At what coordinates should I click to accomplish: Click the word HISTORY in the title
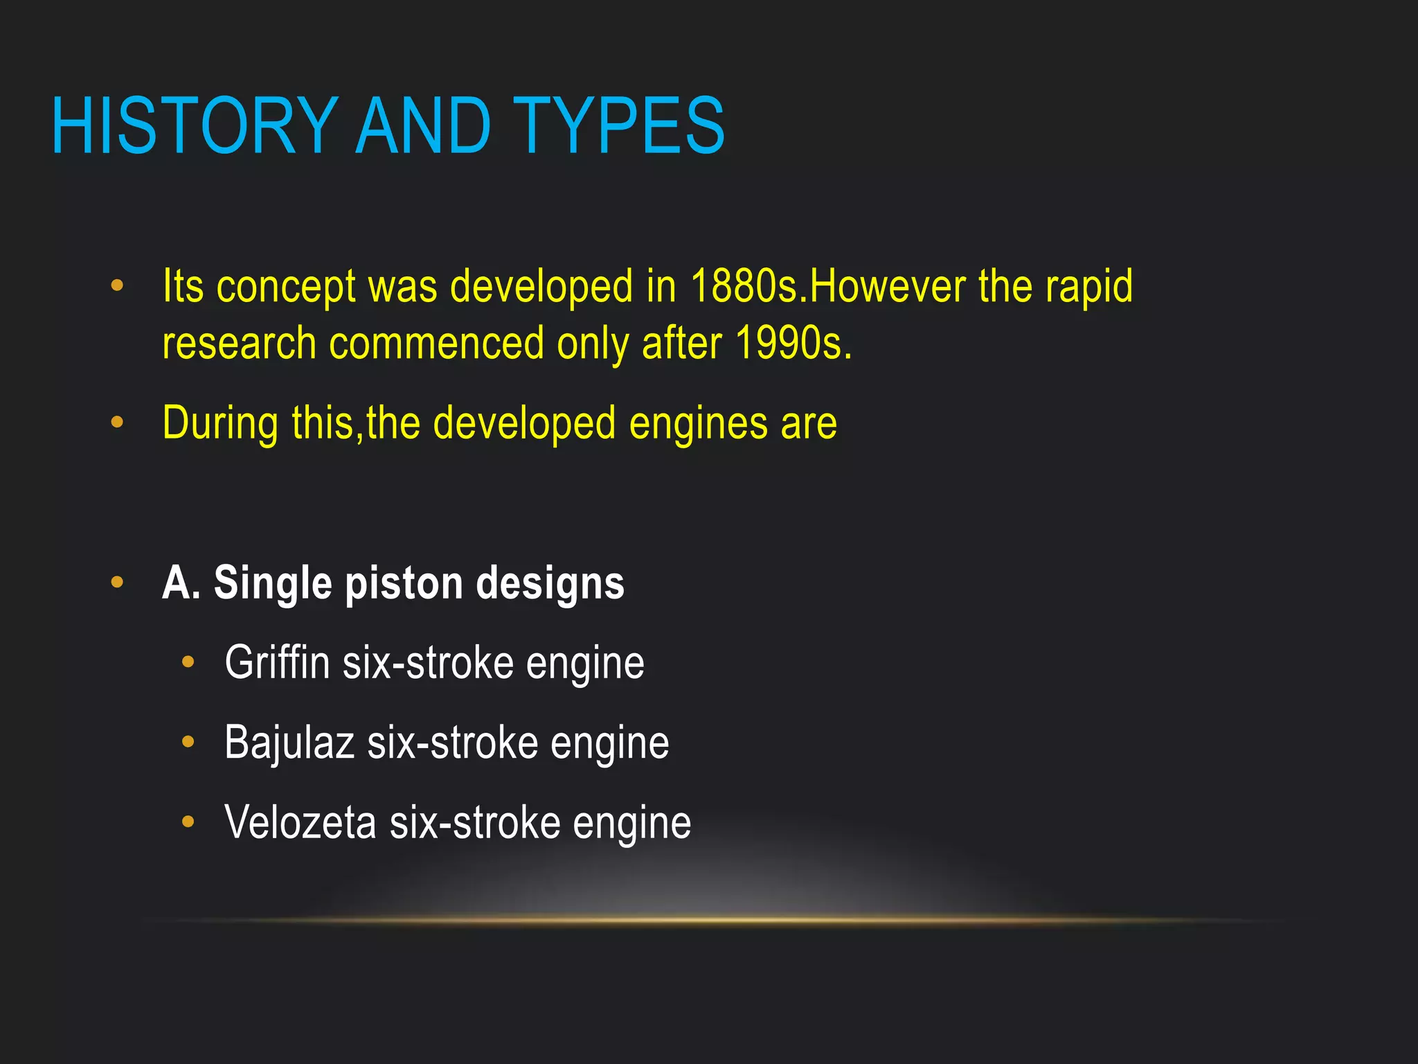[195, 126]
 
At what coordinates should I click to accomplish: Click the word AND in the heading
[423, 126]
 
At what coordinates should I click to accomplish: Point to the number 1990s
[793, 343]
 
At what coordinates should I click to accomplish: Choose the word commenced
[436, 343]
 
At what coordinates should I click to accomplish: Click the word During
[221, 423]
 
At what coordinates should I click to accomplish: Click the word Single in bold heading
[273, 583]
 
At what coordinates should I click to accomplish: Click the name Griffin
[277, 662]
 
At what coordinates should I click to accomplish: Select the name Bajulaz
[289, 743]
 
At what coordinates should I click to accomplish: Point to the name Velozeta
[300, 822]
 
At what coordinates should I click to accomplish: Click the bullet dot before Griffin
[188, 662]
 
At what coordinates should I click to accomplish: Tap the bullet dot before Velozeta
[188, 822]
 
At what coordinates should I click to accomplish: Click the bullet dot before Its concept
[117, 285]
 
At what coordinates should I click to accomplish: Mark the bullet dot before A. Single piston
[117, 582]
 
